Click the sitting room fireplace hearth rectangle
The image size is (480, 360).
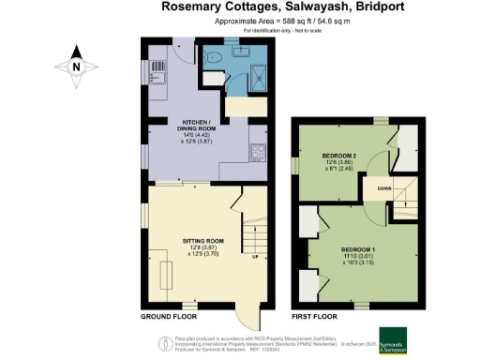click(x=166, y=277)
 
